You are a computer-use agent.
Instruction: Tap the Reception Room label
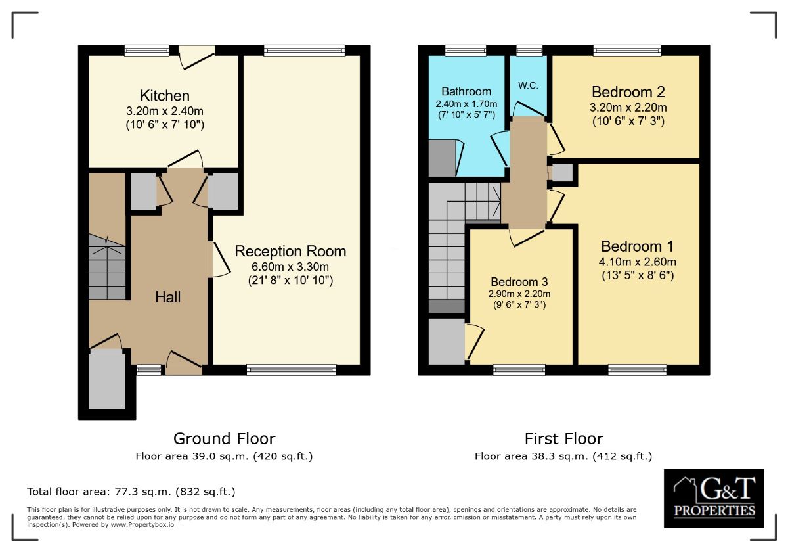(x=290, y=251)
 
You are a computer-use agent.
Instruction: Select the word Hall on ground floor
(x=167, y=297)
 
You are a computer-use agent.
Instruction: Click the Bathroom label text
(x=466, y=91)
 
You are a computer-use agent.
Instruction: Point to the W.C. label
(x=529, y=85)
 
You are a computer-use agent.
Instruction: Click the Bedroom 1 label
(x=638, y=246)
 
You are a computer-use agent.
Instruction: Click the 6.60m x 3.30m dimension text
(x=290, y=266)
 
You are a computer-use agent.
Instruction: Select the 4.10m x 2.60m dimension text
(x=638, y=262)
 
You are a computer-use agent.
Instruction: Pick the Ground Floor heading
(x=224, y=438)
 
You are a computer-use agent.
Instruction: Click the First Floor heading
(x=563, y=438)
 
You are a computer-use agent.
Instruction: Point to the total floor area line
(x=131, y=492)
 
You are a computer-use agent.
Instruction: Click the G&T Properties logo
(x=714, y=498)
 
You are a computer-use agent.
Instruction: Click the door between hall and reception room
(x=217, y=260)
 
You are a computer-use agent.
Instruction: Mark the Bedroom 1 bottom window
(x=637, y=370)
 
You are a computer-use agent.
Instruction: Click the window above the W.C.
(x=529, y=50)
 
